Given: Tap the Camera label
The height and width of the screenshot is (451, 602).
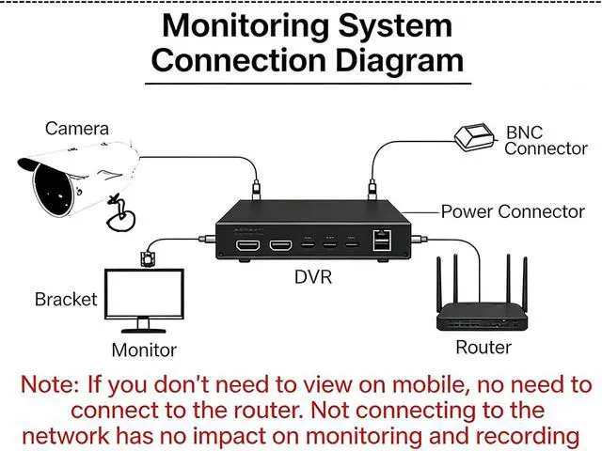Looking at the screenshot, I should point(77,128).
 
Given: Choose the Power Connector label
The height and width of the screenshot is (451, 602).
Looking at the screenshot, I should point(513,211).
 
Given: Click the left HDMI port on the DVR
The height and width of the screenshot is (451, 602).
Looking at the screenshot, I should point(248,246).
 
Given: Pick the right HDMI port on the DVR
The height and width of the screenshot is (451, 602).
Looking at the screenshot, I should point(280,246).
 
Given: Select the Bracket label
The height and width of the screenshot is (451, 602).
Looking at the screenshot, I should point(66,300).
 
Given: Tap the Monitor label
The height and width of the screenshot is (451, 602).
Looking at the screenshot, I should point(144,350).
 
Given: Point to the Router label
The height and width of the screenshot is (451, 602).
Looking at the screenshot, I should point(483,348).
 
